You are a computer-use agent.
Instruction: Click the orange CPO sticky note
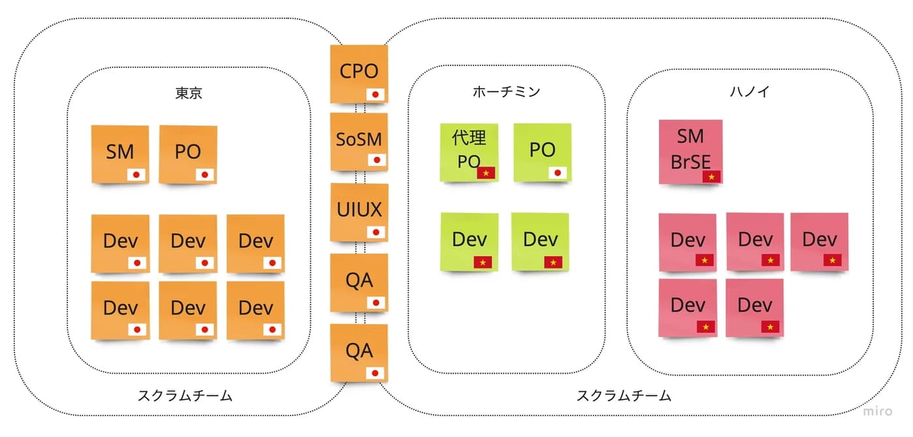(x=359, y=73)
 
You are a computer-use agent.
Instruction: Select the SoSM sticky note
(x=359, y=141)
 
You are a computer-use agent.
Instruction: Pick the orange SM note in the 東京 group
(x=120, y=154)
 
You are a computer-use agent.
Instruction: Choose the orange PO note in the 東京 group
(x=187, y=154)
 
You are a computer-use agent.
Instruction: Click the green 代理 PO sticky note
(x=469, y=152)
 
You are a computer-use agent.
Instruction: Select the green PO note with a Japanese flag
(x=542, y=152)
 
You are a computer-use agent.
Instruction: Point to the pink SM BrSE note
(x=690, y=151)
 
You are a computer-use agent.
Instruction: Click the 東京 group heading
(x=189, y=93)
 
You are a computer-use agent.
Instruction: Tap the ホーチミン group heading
(x=506, y=91)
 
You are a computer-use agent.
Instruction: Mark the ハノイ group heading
(x=749, y=91)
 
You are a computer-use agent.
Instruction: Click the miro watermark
(x=877, y=412)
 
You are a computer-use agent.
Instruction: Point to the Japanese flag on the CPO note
(x=375, y=94)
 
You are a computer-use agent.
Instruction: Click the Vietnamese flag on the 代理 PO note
(x=486, y=173)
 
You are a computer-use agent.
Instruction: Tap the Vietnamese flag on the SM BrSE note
(x=711, y=176)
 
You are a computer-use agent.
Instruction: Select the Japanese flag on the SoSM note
(x=377, y=160)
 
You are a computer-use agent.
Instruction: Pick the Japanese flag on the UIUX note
(x=376, y=232)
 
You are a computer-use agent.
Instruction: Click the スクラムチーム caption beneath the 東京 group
(x=185, y=395)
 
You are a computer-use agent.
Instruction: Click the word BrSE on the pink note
(x=690, y=162)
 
